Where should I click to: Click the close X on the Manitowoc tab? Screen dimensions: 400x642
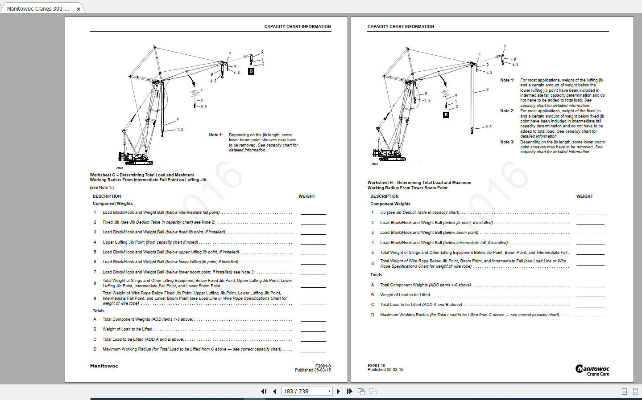[x=79, y=9]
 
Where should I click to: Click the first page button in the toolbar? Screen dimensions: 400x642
[x=264, y=391]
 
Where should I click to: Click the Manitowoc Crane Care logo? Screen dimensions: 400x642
[x=592, y=370]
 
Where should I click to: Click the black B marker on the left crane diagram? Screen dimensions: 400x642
[x=251, y=71]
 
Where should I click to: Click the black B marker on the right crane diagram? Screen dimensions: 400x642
[x=446, y=115]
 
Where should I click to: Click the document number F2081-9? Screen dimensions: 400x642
[x=323, y=366]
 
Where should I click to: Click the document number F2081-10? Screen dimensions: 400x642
[x=376, y=365]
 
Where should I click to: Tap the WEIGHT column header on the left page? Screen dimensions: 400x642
[x=307, y=196]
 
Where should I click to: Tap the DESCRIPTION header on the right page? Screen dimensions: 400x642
[x=384, y=196]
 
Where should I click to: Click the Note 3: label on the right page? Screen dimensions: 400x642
[x=507, y=142]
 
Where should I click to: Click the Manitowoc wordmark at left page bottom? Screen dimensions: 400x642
[x=104, y=366]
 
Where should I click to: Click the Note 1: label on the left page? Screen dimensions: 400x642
[x=215, y=135]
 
